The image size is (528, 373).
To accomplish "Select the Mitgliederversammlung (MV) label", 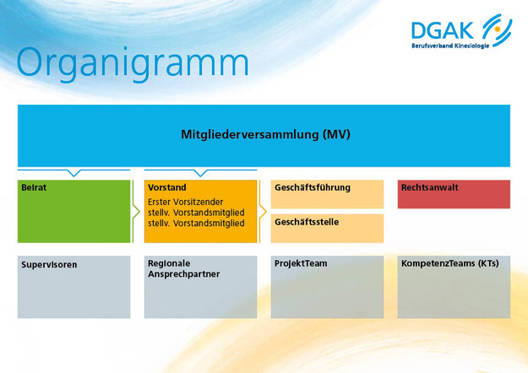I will [264, 134].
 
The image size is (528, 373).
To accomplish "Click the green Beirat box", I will [74, 211].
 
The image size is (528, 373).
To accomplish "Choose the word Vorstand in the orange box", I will [166, 187].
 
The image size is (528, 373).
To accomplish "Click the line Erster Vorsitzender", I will [186, 203].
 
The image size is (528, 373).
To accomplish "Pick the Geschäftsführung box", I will [327, 193].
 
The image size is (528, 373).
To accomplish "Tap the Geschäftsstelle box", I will [327, 228].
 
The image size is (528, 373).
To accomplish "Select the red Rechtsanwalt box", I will [454, 194].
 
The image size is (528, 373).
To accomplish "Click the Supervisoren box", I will [74, 287].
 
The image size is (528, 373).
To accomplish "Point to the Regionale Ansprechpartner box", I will [200, 287].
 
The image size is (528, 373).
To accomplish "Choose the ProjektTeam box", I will [327, 287].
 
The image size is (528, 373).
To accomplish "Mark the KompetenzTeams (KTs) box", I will [454, 287].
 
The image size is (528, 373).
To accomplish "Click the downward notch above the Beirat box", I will [74, 173].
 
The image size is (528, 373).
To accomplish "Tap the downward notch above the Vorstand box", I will [200, 173].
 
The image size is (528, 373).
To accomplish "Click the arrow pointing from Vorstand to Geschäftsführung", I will [263, 211].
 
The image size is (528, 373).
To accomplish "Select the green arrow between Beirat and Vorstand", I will [136, 211].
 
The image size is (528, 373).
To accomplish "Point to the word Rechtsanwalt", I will [429, 187].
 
